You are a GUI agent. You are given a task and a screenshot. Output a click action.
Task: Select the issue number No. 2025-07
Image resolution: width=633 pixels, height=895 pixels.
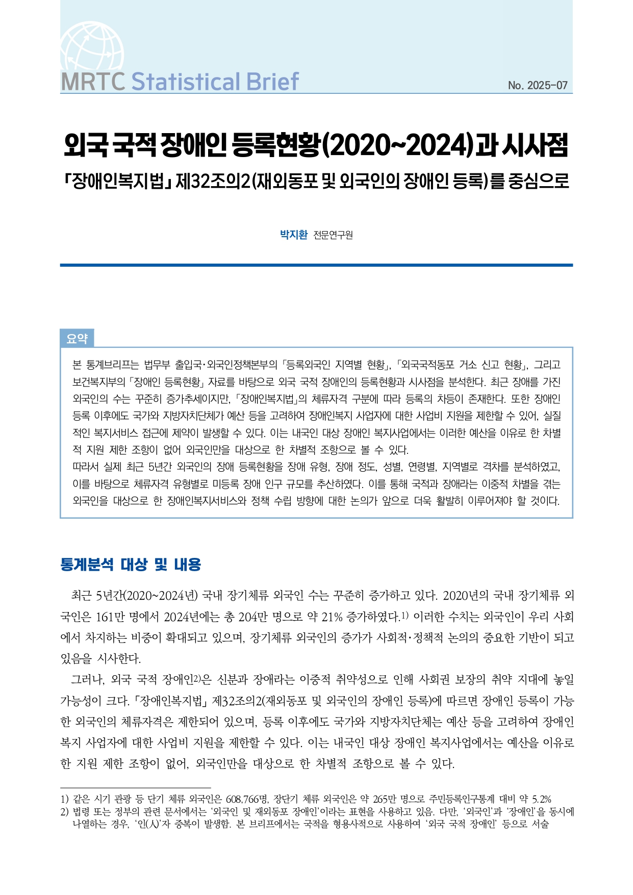coord(537,86)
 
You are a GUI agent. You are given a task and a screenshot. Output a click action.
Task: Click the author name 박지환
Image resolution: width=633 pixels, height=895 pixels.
coord(294,235)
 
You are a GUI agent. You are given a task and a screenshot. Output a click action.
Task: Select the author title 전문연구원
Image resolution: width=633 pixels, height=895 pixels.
coord(333,235)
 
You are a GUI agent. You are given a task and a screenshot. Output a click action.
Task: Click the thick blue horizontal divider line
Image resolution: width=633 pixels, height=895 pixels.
coord(316,265)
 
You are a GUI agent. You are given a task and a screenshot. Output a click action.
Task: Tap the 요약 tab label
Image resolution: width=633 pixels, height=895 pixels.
coord(77,339)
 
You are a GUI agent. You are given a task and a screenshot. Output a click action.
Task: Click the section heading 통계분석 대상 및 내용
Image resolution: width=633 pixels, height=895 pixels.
coord(131,565)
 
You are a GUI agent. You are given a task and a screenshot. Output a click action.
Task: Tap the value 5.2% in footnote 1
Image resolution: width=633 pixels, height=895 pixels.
coord(542,799)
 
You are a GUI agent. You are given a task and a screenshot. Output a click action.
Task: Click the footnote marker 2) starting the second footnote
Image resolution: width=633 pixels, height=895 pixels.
coord(64,811)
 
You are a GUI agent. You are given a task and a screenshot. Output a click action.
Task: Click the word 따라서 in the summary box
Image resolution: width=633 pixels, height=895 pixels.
coord(86,467)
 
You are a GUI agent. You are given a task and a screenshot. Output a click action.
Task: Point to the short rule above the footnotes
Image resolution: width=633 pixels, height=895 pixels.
coord(135,788)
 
